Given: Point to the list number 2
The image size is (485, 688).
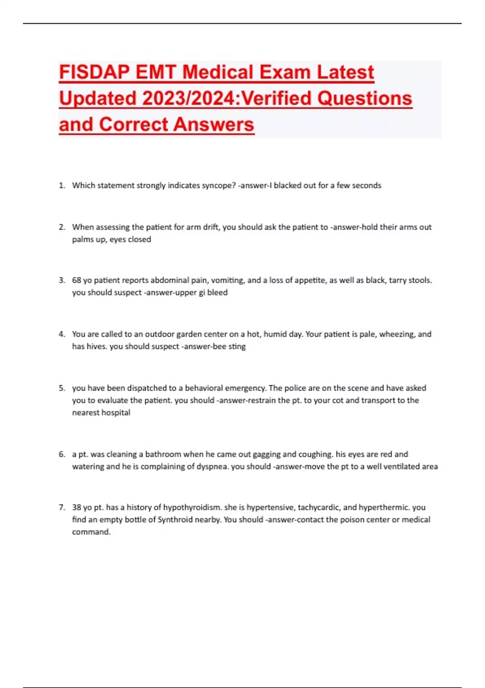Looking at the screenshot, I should click(x=61, y=227).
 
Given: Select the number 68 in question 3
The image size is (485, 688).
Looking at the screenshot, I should click(x=76, y=280).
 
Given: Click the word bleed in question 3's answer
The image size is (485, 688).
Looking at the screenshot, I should click(x=217, y=293).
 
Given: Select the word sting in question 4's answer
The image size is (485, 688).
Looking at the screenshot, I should click(x=237, y=346).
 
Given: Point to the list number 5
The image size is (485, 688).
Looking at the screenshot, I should click(x=61, y=388).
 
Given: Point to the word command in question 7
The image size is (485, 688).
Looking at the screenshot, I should click(x=91, y=532).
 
